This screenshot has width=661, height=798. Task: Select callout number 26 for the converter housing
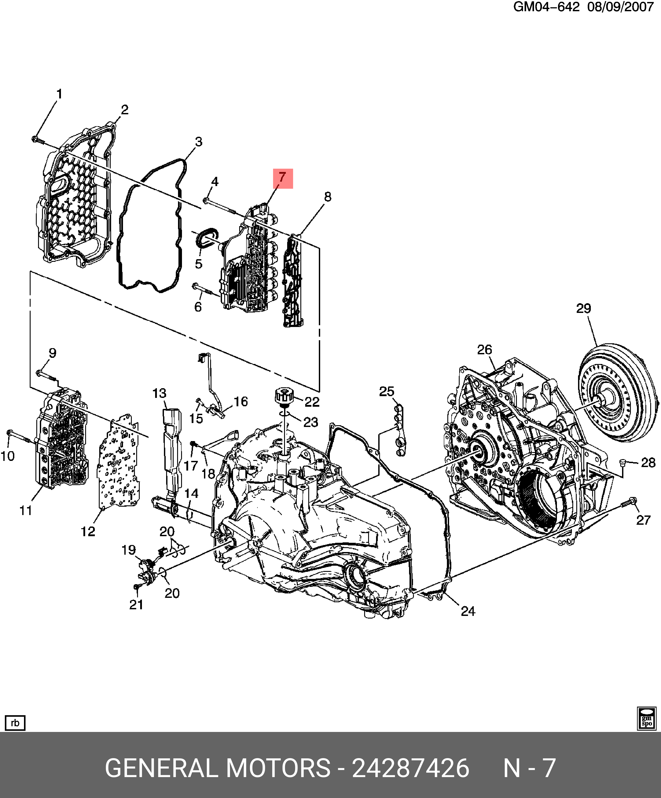[485, 350]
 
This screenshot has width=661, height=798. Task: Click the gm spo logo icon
[646, 719]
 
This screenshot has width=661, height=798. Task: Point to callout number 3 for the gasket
[198, 142]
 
